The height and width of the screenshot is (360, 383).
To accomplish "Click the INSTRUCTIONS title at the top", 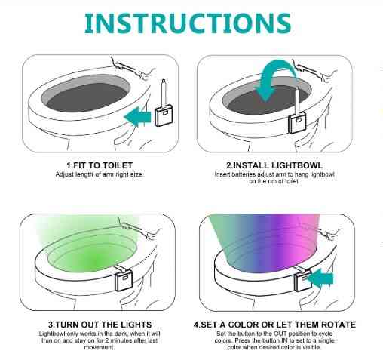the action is coord(188,23).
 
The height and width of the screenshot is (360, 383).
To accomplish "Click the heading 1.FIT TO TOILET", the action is coord(100,165).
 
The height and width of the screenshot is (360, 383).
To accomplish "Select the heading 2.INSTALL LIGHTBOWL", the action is coord(274,165).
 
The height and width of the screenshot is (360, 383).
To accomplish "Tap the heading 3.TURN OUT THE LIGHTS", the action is coord(100,325).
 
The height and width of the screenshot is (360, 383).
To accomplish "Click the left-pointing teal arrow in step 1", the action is coord(138,116).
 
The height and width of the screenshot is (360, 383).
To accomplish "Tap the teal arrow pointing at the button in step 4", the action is coord(320,278).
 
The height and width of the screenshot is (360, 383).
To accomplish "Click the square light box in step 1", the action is coord(164,116).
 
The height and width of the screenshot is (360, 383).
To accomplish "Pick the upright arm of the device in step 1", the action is coord(164,94).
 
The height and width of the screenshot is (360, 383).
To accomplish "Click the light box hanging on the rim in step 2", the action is coord(297,123).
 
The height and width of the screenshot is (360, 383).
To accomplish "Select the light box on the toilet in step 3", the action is coord(124,280).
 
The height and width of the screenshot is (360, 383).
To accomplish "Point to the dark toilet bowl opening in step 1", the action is coord(87,97).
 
